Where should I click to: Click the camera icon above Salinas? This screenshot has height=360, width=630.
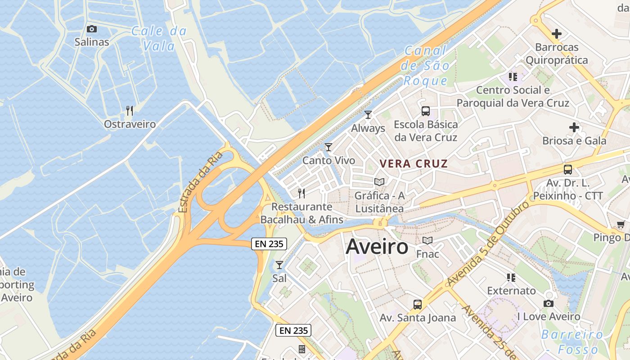[x=92, y=29]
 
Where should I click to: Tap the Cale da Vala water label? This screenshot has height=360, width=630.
[x=159, y=38]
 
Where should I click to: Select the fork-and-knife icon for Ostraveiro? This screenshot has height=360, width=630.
[x=130, y=110]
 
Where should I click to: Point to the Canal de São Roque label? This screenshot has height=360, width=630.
[x=425, y=66]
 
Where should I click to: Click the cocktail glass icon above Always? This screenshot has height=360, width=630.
[x=368, y=115]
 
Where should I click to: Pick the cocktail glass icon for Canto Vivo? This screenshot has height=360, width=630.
[x=328, y=147]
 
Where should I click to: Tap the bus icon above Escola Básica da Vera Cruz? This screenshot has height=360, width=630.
[x=425, y=111]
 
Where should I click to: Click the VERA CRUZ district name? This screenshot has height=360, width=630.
[x=414, y=163]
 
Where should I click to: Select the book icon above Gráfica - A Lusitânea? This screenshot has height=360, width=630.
[x=379, y=182]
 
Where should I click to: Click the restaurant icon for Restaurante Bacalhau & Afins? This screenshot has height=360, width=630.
[x=301, y=193]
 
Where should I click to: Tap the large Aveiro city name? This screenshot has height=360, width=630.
[x=377, y=247]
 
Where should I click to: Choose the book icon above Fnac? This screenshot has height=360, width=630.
[x=427, y=240]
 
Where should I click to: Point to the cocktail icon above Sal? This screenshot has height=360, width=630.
[x=279, y=265]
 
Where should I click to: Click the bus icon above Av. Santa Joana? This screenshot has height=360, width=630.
[x=418, y=305]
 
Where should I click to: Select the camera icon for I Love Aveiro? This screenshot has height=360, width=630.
[x=548, y=304]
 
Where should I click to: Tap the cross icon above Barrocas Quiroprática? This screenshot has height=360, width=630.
[x=557, y=34]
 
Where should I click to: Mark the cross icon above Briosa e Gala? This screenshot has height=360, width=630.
[x=574, y=127]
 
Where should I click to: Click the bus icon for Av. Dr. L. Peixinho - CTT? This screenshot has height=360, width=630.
[x=568, y=170]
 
